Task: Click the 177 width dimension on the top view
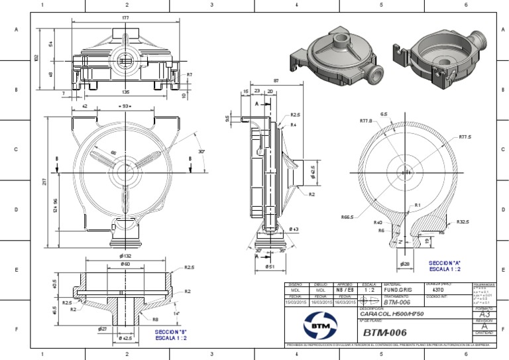(125, 18)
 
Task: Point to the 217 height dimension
(45, 182)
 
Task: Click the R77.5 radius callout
(465, 137)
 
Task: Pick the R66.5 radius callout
(347, 217)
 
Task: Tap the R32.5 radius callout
(463, 222)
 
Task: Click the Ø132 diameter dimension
(125, 256)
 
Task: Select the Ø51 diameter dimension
(270, 267)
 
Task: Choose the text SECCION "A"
(445, 263)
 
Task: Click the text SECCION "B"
(170, 331)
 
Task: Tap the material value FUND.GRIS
(397, 290)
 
